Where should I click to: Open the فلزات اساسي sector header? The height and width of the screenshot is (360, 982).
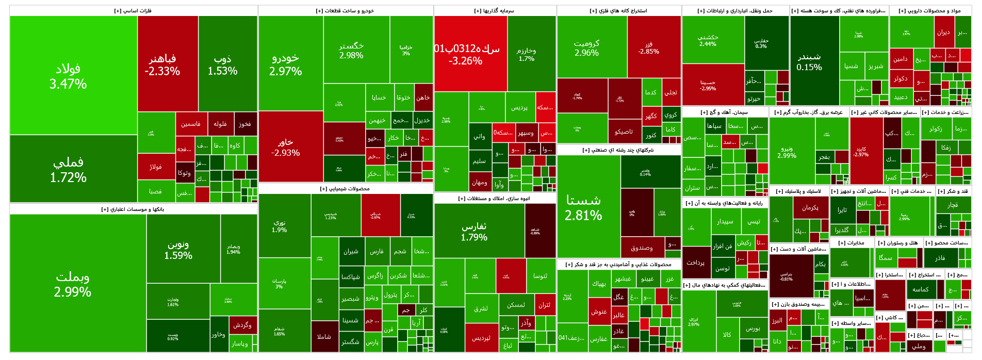[x=133, y=11]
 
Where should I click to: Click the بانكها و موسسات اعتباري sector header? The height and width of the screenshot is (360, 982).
[x=133, y=209]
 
